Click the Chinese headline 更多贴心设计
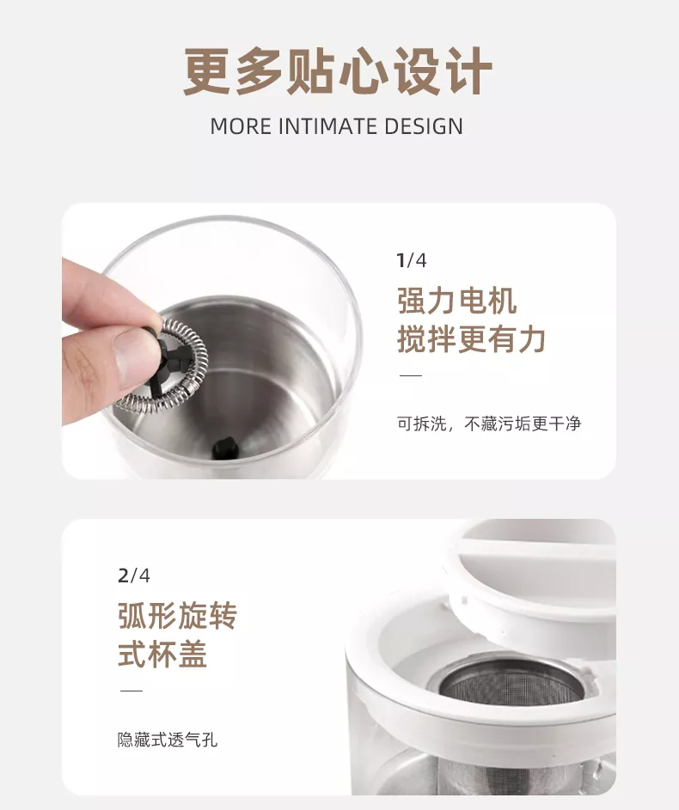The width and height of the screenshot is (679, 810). point(338,70)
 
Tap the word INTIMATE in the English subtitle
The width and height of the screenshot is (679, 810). point(319,126)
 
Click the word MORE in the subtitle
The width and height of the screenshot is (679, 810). point(241,126)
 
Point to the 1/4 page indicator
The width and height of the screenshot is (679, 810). point(412,260)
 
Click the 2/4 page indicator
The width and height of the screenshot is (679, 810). point(134,576)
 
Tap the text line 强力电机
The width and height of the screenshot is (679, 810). point(456,301)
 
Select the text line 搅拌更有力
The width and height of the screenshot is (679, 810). point(471,339)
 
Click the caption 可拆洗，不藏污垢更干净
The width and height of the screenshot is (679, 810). point(489,423)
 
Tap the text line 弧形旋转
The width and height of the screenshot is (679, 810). point(177,616)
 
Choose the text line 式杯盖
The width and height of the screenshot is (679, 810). point(162,654)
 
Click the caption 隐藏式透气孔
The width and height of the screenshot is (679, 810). point(168,740)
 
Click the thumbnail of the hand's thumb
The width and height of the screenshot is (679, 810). point(128,357)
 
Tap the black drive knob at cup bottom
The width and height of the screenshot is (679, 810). point(225,448)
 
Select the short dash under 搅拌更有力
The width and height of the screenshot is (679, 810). point(411,376)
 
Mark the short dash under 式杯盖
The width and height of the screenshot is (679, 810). point(132,691)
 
